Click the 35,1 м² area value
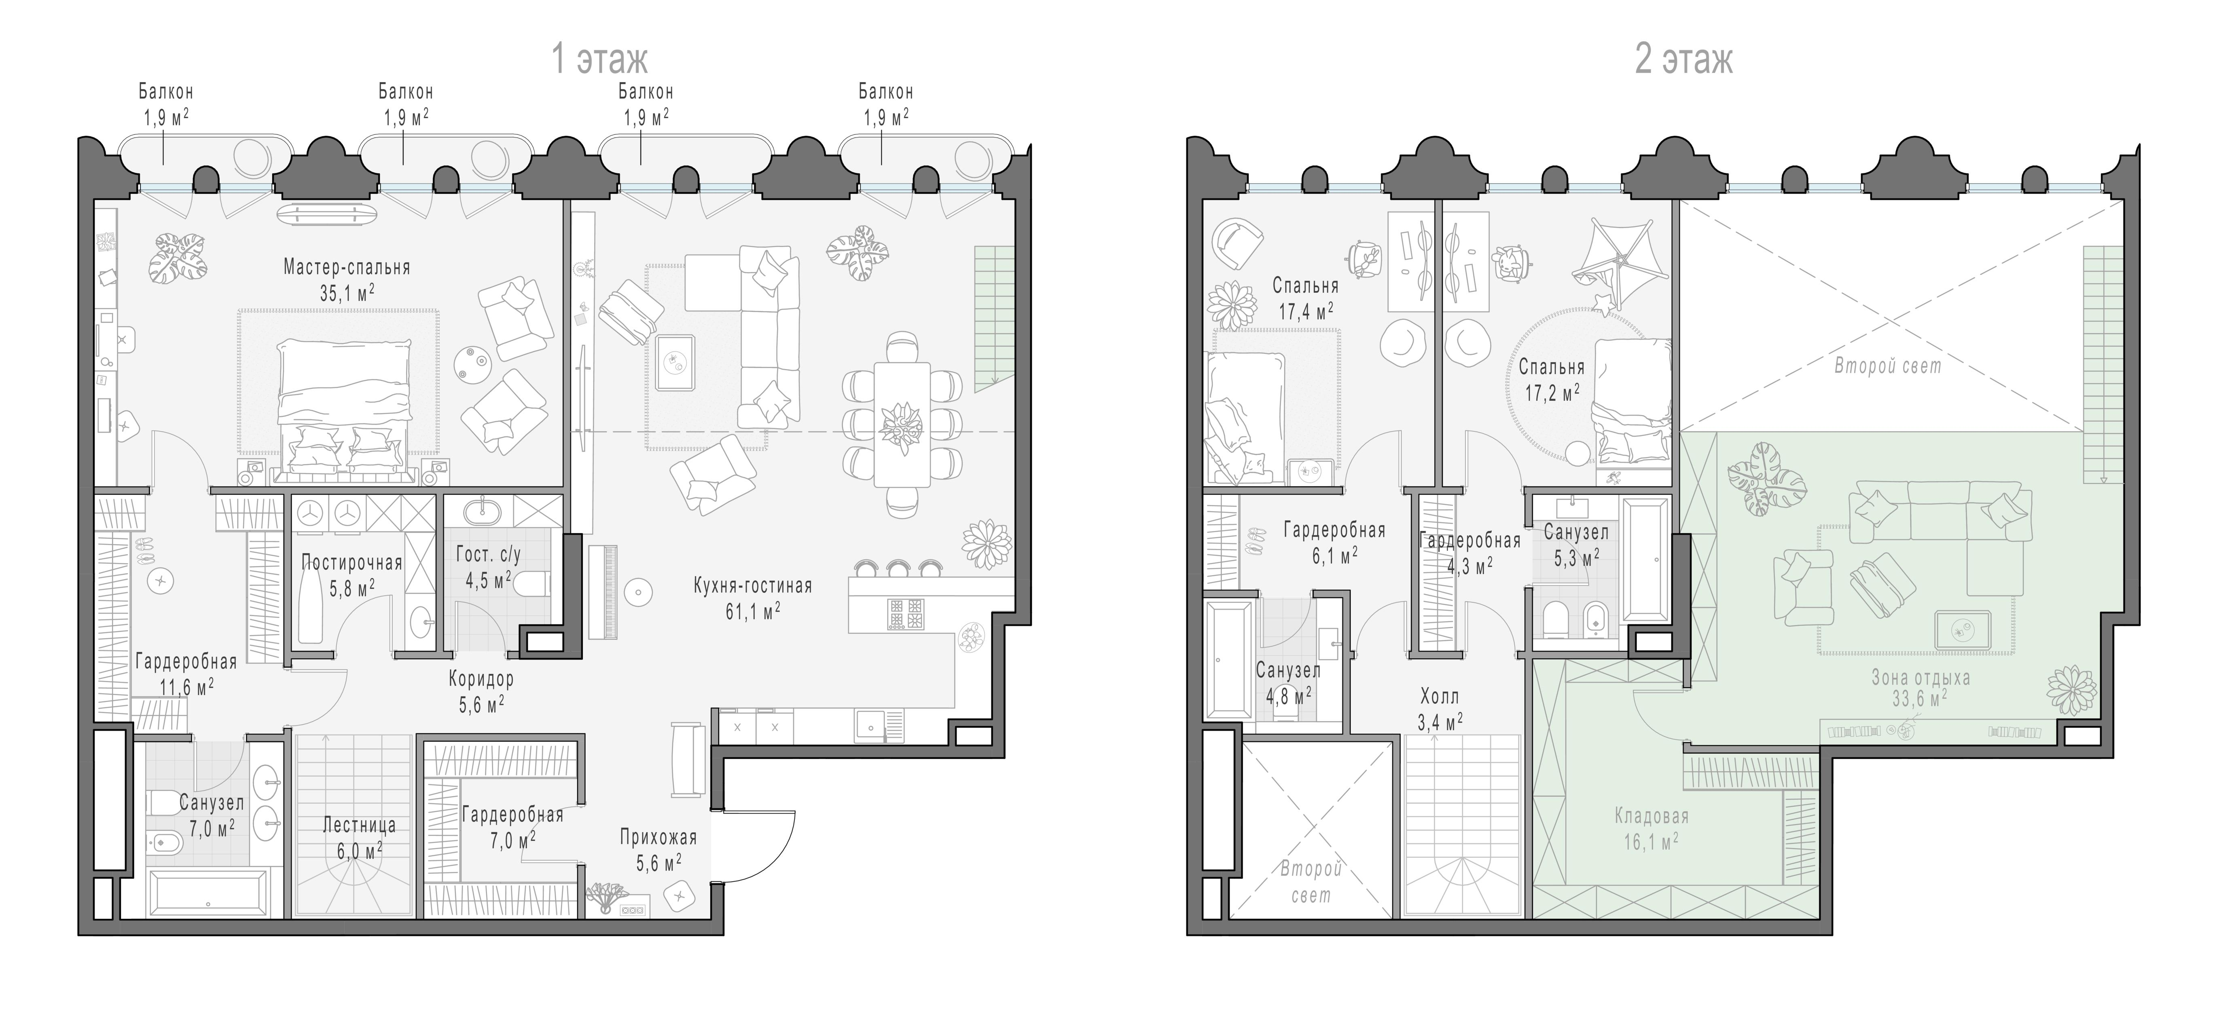pos(347,293)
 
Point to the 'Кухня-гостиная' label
pos(753,586)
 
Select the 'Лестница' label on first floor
pos(359,825)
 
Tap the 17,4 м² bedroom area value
pos(1306,311)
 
